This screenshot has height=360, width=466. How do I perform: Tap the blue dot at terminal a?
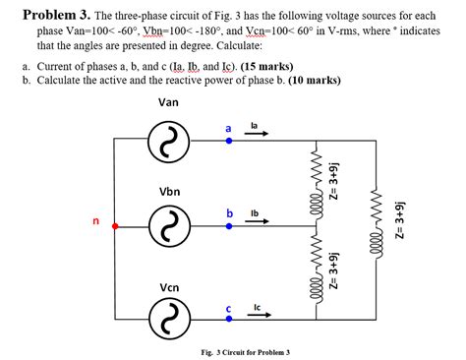(229, 142)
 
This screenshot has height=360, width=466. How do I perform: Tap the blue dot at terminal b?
(229, 227)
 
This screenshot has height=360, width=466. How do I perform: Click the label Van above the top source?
(168, 101)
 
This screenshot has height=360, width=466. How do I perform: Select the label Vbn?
(168, 191)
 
